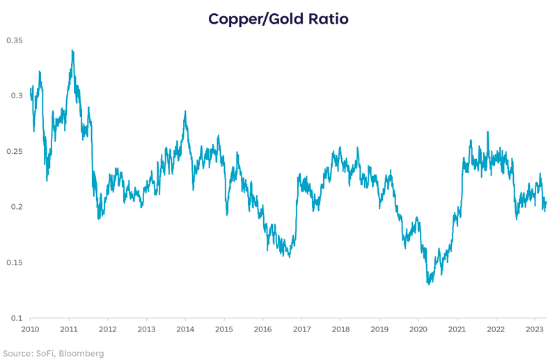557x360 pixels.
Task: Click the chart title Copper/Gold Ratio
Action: pos(278,19)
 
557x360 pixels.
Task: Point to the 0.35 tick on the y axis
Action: pos(15,40)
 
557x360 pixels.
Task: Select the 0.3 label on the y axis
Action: pos(17,95)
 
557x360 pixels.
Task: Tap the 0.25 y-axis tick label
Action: pos(15,151)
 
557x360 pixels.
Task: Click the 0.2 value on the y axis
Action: pos(17,207)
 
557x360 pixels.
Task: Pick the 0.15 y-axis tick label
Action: pos(15,263)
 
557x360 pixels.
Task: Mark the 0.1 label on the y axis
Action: pos(17,318)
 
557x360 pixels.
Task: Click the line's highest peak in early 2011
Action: pos(72,50)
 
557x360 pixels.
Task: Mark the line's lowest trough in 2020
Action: pos(429,283)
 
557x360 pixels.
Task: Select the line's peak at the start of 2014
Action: pos(185,111)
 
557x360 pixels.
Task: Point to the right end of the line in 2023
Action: pos(546,203)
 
